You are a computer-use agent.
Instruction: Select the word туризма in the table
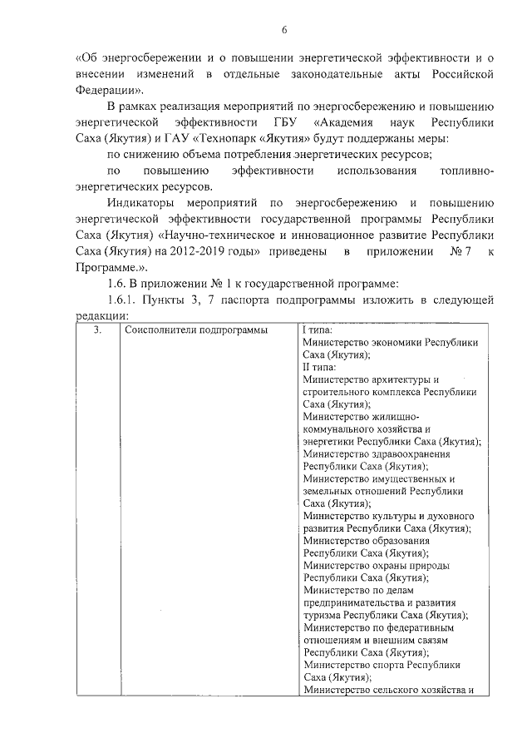click(x=323, y=615)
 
